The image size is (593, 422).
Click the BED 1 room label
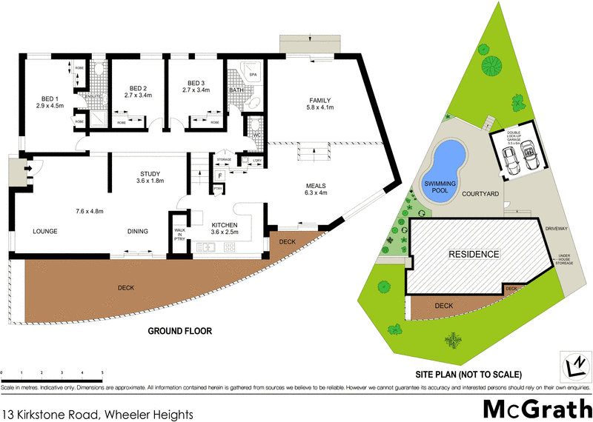50,97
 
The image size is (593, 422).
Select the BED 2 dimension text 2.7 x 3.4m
138,96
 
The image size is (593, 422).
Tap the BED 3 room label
196,83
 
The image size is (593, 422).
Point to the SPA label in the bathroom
253,75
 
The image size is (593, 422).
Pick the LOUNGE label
45,231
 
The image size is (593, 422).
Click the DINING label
137,231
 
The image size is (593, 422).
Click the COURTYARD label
480,193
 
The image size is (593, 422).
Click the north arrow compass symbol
572,362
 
